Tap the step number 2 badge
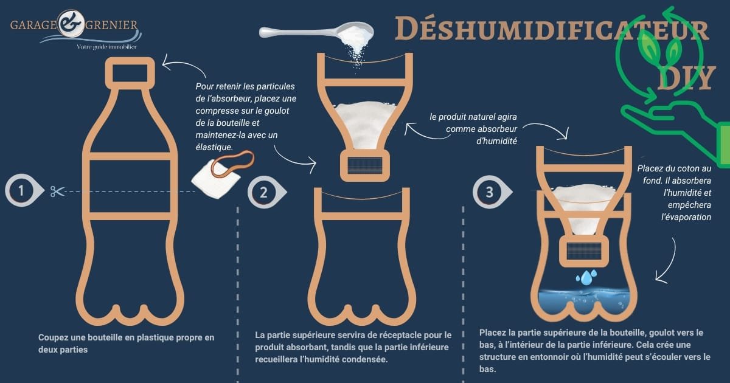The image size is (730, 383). pos(263,192)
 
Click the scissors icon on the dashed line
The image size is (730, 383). pos(57,191)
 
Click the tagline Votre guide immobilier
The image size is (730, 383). pos(106,47)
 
